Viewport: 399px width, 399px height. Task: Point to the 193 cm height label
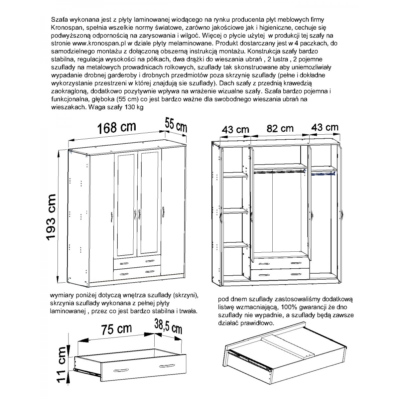pos(51,217)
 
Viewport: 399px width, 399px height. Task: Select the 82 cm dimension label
pos(280,128)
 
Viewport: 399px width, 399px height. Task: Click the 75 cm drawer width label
pos(116,329)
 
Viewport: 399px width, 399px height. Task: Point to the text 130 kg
pos(134,107)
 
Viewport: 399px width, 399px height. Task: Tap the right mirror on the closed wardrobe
pos(149,203)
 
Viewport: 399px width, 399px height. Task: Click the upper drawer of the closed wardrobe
pos(137,263)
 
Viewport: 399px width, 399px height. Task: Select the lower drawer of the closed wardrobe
pos(137,272)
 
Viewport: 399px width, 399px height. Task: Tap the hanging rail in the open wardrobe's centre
pos(280,171)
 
